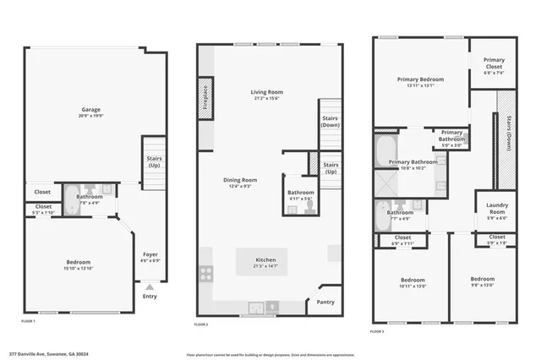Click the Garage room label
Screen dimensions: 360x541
91,110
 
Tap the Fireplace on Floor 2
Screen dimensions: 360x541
205,96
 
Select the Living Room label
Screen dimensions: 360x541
266,92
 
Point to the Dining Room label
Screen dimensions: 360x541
239,180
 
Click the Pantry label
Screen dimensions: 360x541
325,302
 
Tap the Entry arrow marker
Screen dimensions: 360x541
150,287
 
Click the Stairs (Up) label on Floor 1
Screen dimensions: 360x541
154,161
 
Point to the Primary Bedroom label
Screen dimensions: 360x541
420,80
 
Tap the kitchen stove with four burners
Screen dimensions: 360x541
205,274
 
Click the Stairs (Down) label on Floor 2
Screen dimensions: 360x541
329,121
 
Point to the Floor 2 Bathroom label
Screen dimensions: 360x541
300,192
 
